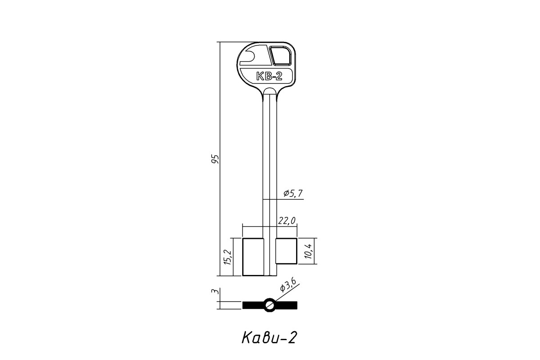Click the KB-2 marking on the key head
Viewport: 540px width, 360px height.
269,76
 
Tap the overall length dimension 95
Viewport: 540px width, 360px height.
46,159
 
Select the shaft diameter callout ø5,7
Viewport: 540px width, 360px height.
293,193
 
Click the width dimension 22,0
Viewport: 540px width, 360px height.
287,220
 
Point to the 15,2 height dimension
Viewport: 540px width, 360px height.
228,257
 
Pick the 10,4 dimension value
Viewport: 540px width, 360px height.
308,251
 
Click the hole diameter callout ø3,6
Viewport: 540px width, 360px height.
288,284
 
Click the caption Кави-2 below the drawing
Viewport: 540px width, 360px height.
269,338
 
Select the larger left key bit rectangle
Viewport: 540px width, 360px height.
253,257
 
